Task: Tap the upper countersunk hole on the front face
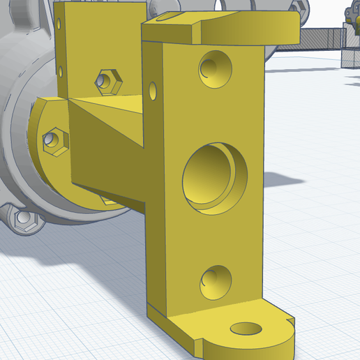tap(215, 67)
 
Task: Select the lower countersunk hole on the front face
tap(216, 282)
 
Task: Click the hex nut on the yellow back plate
tap(106, 81)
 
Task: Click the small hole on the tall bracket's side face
tap(153, 90)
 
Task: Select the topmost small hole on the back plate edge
tap(60, 25)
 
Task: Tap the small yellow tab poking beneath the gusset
tap(108, 201)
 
